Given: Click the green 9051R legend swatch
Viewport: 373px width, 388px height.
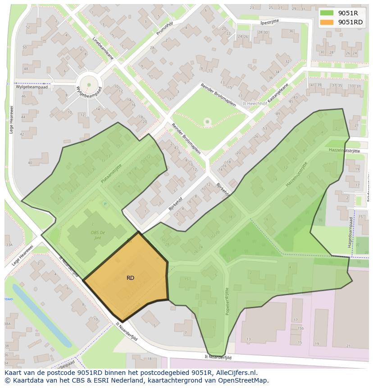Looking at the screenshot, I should [x=327, y=13].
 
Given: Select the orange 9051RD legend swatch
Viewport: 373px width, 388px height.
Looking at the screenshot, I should [x=327, y=22].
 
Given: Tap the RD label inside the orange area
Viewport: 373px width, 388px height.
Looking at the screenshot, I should [x=130, y=278].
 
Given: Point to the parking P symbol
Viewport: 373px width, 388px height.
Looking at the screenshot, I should [x=106, y=204].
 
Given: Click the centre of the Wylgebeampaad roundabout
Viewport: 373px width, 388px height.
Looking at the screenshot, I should [x=89, y=84].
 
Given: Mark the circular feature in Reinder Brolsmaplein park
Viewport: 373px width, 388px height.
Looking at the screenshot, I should [x=207, y=121].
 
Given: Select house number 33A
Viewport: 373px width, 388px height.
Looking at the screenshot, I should [x=9, y=245].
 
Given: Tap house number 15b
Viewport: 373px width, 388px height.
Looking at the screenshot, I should [x=300, y=329].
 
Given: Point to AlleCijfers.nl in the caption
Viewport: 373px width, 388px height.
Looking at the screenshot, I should [x=235, y=373].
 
